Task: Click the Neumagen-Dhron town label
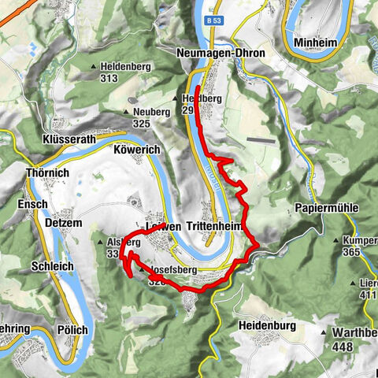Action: pyautogui.click(x=217, y=54)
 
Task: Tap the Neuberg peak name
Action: pyautogui.click(x=152, y=112)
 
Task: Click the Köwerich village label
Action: pyautogui.click(x=139, y=149)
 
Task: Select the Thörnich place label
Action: pyautogui.click(x=46, y=172)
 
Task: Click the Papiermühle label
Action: pyautogui.click(x=327, y=207)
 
